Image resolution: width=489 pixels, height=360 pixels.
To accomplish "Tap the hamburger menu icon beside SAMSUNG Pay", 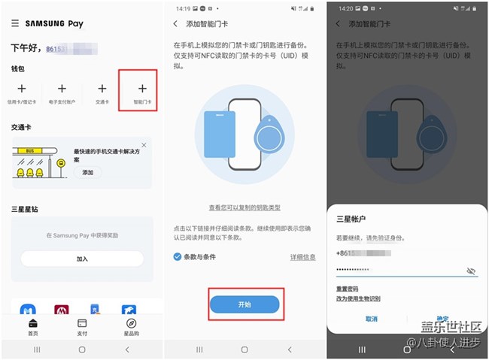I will [15, 23].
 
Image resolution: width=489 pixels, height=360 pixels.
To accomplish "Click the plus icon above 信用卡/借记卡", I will [21, 89].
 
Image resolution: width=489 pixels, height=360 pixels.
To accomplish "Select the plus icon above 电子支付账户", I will [62, 89].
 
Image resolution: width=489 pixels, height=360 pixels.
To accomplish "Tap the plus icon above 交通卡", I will [102, 89].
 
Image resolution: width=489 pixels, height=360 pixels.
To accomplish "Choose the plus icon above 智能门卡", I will [142, 89].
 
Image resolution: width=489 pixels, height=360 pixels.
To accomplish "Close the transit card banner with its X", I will [144, 144].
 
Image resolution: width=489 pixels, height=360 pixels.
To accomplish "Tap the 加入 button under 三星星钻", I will [82, 259].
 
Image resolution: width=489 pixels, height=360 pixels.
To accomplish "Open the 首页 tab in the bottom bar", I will [33, 327].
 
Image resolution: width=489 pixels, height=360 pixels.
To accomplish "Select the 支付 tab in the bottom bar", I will [82, 327].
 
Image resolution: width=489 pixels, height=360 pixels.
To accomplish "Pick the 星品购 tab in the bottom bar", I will [131, 327].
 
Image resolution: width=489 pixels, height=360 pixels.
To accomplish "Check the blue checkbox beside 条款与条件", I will [177, 257].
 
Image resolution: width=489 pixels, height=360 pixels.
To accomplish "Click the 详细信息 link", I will [302, 257].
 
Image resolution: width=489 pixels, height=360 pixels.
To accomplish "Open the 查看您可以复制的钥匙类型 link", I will [244, 207].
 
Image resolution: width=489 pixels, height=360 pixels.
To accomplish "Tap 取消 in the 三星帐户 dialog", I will [372, 319].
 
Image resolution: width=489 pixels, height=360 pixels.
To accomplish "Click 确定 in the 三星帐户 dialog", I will [442, 319].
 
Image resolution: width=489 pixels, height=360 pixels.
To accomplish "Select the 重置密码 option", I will [347, 289].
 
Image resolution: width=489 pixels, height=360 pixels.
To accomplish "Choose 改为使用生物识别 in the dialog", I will [358, 299].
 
